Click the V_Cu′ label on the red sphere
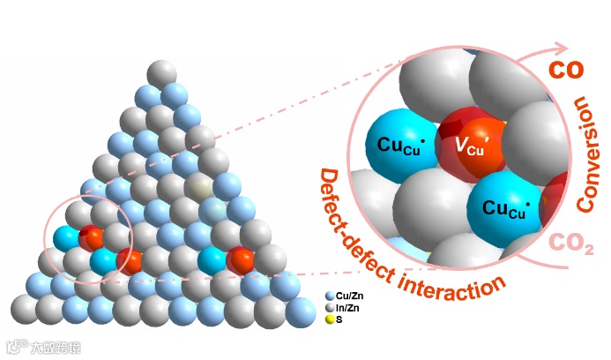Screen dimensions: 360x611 [471, 142]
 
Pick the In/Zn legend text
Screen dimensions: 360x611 [351, 307]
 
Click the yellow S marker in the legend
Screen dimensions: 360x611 [329, 319]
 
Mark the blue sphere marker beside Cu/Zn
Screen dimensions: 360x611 [329, 296]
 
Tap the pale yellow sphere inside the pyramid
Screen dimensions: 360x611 [199, 187]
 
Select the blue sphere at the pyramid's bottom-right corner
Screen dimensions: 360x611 [301, 311]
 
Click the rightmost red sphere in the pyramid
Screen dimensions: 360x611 [239, 259]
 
